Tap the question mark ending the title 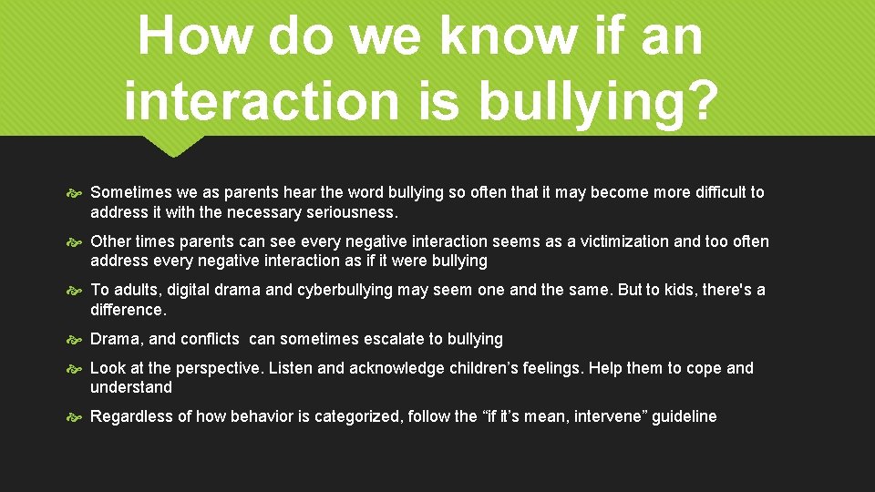(x=696, y=100)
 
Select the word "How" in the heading (x=186, y=36)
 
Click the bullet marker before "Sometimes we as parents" (x=76, y=193)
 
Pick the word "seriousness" (x=352, y=212)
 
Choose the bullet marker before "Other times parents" (x=76, y=242)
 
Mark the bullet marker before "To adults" (x=76, y=291)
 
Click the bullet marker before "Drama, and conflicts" (x=76, y=340)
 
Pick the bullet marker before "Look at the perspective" (x=76, y=369)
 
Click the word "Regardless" (x=130, y=416)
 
